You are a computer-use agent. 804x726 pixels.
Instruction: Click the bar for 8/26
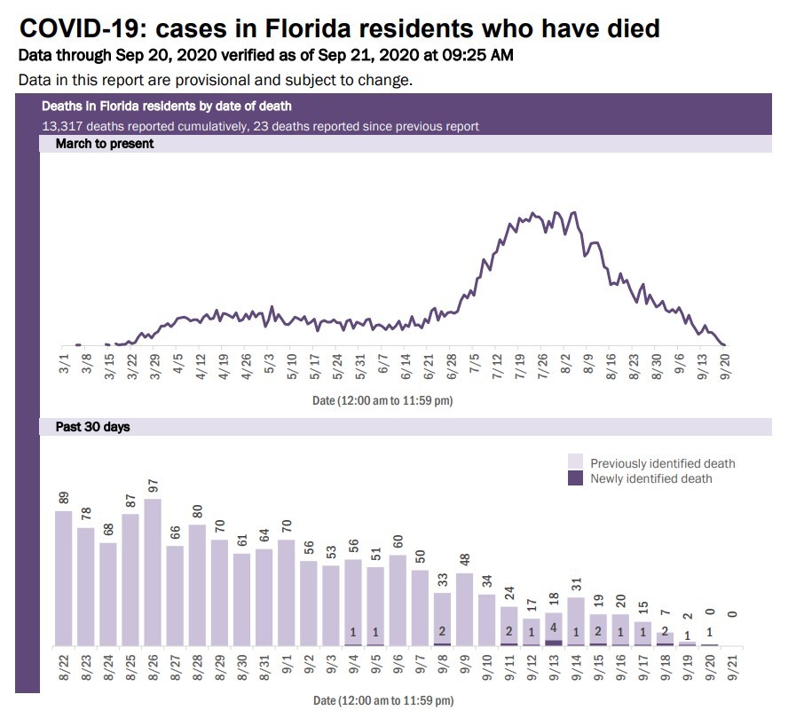[152, 572]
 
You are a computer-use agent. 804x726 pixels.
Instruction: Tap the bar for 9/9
[464, 610]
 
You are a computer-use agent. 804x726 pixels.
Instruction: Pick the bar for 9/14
[576, 622]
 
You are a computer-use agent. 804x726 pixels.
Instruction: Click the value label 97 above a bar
[153, 487]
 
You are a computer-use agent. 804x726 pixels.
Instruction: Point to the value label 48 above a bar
[465, 562]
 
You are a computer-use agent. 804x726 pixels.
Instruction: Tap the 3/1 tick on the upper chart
[63, 364]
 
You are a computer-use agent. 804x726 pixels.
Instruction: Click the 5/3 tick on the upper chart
[269, 364]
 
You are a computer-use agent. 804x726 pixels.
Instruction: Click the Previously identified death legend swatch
[576, 462]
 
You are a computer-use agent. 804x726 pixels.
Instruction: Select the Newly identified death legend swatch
[576, 478]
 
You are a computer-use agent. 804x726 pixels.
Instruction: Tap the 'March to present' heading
[105, 143]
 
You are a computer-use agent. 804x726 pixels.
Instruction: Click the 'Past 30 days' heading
[92, 427]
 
